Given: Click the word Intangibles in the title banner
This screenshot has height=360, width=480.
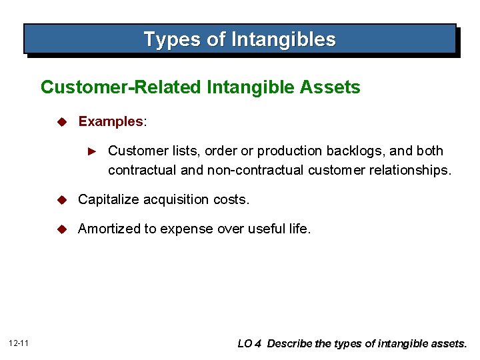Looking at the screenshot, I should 283,40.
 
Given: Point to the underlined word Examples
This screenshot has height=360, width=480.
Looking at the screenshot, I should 111,121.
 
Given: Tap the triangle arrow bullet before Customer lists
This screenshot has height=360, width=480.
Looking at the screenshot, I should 94,151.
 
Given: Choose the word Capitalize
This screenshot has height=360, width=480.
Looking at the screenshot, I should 107,199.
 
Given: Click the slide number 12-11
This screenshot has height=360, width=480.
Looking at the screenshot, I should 18,343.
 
